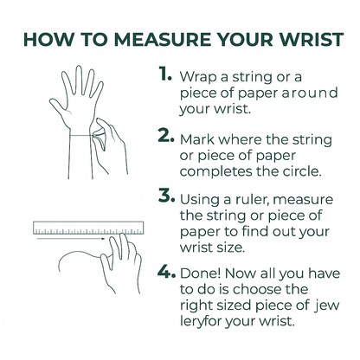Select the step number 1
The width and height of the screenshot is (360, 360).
[165, 74]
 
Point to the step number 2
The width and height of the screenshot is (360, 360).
[166, 136]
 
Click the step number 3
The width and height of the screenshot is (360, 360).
[166, 196]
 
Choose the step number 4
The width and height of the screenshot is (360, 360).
[166, 272]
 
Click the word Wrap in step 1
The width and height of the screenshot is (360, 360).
[198, 78]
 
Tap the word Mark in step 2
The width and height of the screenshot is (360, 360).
[197, 140]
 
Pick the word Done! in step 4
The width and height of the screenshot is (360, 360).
[201, 273]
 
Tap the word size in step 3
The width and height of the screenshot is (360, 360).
[231, 247]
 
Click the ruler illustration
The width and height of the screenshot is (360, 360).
[88, 228]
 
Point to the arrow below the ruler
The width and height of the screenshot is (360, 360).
[71, 239]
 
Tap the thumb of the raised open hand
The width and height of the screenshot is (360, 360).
[59, 107]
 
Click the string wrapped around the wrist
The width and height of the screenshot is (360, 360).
[81, 135]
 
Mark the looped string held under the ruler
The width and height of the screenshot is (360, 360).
[79, 254]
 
